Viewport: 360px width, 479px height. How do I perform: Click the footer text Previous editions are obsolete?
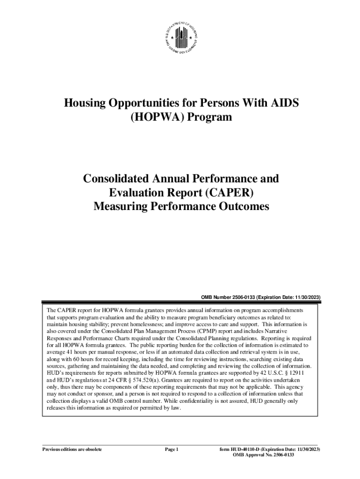click(72, 450)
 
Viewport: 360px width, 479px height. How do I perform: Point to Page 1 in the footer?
click(172, 450)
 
